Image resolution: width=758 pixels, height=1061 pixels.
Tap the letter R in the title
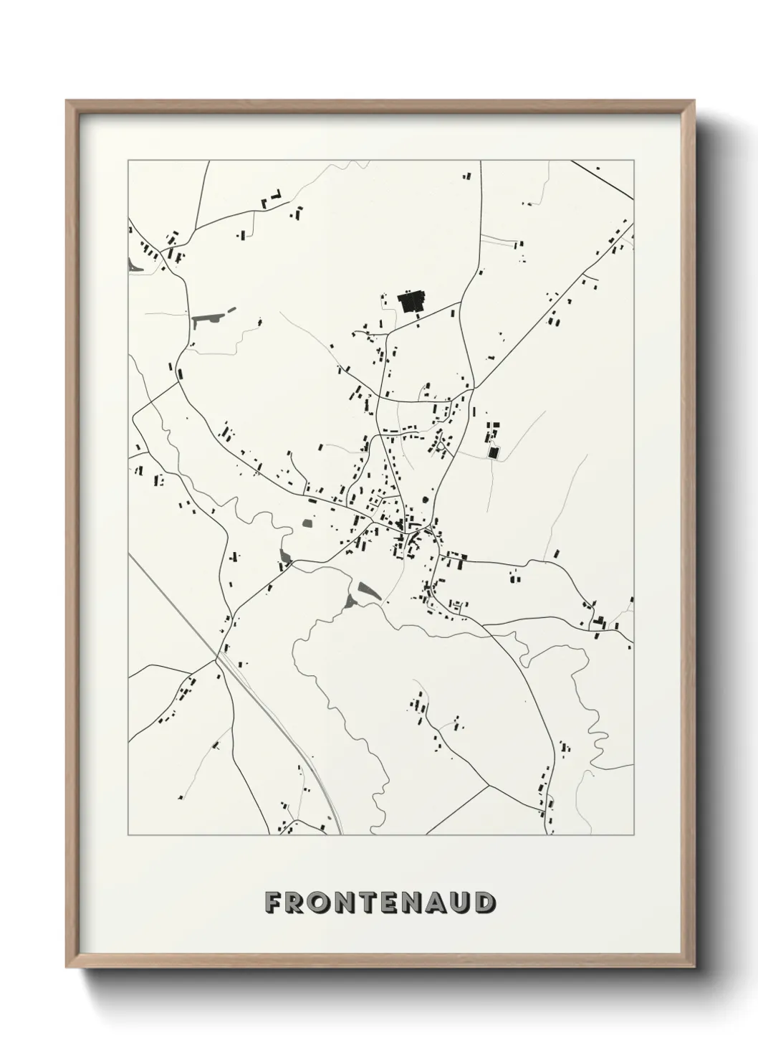coord(299,903)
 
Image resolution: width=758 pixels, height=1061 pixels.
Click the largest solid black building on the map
coord(411,302)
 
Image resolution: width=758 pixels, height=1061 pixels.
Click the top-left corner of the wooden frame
coord(67,101)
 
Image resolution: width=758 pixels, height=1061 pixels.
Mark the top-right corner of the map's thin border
coord(633,161)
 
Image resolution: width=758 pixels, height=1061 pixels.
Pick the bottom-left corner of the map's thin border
coord(128,834)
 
